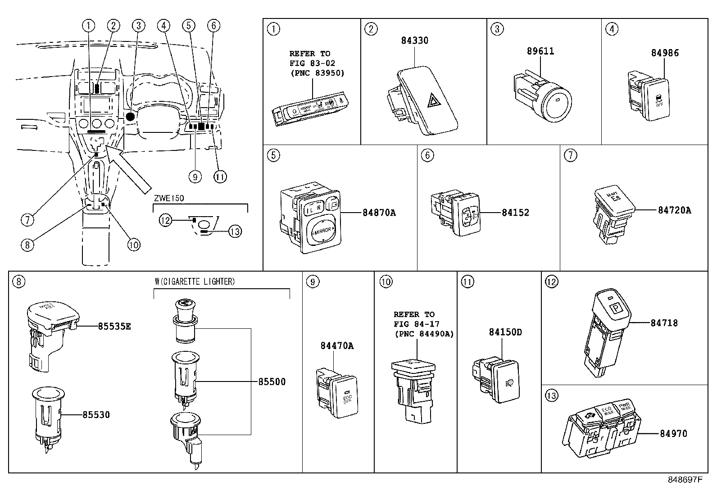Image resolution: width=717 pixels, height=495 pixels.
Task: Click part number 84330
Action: tap(414, 41)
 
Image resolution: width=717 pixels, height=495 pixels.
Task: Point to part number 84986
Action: tap(664, 53)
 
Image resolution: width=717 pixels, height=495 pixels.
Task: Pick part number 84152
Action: tap(515, 213)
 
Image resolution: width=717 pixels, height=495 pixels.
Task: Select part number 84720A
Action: tap(674, 210)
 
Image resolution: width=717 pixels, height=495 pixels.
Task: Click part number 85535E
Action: tap(114, 326)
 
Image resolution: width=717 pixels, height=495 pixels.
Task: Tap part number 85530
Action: tap(96, 414)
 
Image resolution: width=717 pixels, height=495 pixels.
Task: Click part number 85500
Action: tap(272, 382)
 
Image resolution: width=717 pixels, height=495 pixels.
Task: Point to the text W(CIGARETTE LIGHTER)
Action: tap(195, 282)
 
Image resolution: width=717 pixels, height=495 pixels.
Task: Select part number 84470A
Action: tap(337, 346)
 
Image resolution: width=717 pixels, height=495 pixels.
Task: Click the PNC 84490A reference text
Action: tap(423, 334)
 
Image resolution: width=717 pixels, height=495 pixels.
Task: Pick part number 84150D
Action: tap(505, 332)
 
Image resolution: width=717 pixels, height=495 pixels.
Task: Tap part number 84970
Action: tap(673, 434)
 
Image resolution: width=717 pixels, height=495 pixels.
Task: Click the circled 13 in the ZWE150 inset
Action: tap(235, 232)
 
